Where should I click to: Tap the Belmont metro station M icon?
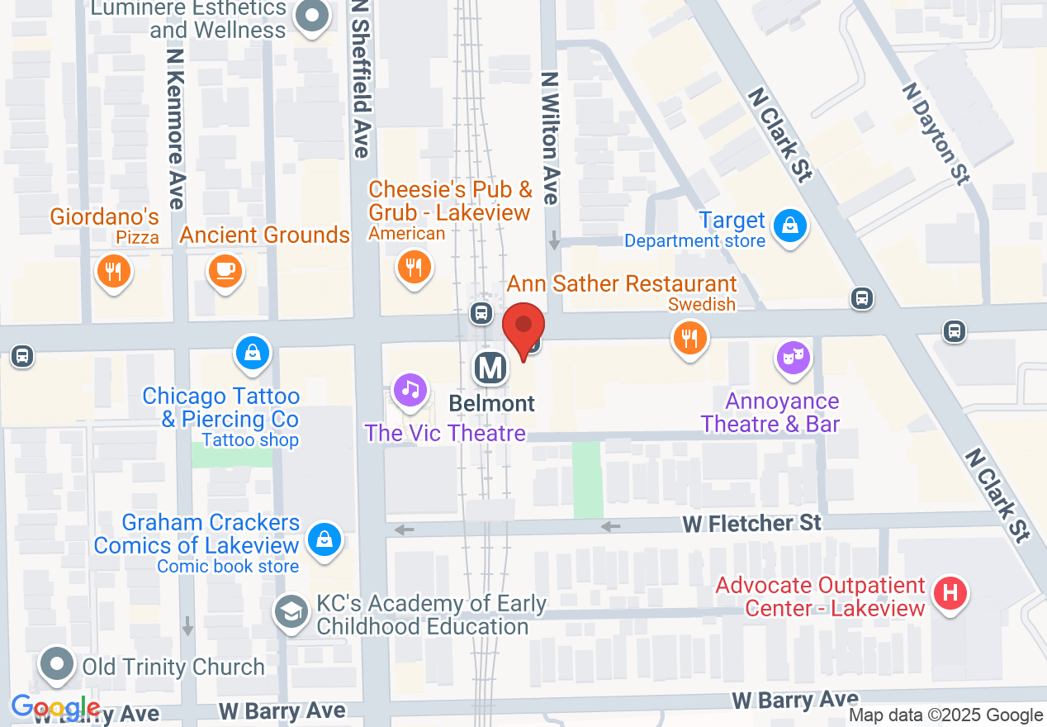(x=490, y=368)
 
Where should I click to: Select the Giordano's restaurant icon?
(x=114, y=271)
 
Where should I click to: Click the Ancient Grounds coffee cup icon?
(x=225, y=269)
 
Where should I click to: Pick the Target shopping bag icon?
(x=790, y=225)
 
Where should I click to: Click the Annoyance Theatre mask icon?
(x=793, y=358)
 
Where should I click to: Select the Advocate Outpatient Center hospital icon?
(x=950, y=593)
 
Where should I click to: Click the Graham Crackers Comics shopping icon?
(x=325, y=539)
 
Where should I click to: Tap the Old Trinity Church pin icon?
(x=57, y=665)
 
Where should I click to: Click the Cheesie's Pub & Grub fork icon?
(x=414, y=268)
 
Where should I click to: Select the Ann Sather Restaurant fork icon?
(x=689, y=338)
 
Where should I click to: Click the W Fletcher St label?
(x=751, y=523)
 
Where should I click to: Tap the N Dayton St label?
(x=936, y=132)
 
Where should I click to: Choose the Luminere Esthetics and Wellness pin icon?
(x=312, y=17)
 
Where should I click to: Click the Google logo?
(x=56, y=708)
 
